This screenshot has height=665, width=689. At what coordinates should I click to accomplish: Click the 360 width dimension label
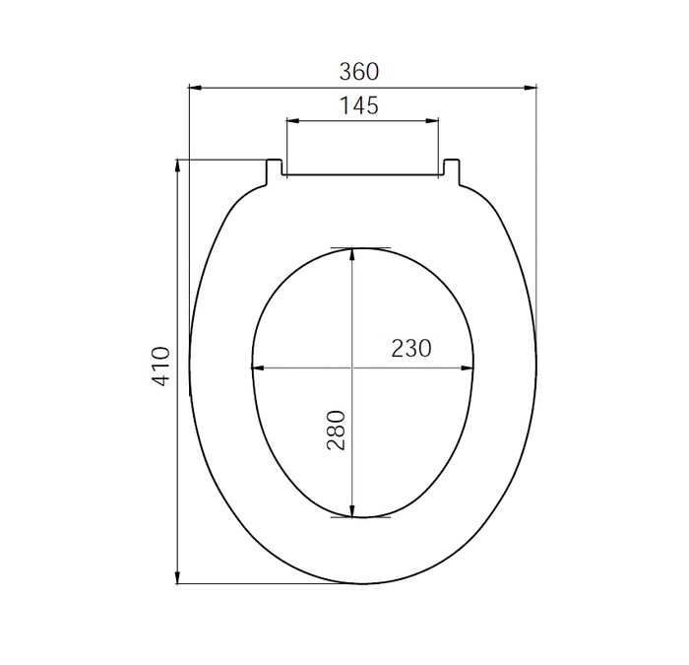359,72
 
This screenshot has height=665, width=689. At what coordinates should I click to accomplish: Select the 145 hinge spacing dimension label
359,105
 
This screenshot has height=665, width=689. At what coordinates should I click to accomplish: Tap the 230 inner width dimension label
411,348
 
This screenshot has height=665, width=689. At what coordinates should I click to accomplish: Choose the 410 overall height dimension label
162,366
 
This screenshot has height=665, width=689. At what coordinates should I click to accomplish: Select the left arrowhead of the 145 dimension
292,121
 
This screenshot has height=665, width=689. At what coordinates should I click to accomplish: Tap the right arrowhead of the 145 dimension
432,121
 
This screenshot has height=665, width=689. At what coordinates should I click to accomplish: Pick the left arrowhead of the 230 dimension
259,368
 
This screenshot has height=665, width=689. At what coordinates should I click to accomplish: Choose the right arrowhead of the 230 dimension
470,368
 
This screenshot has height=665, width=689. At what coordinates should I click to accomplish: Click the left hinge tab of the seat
275,170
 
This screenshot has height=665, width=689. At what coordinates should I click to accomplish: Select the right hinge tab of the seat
451,170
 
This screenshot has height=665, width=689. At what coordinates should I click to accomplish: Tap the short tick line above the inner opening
360,246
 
